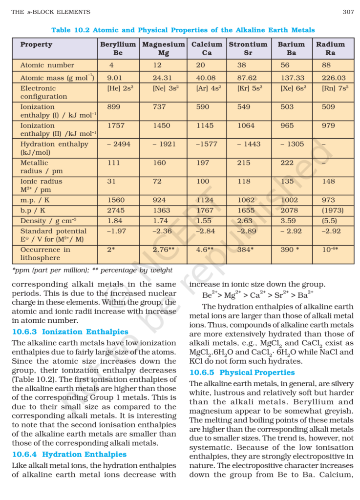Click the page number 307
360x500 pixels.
tap(348, 12)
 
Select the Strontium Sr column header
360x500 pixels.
tap(248, 48)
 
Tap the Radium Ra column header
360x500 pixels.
tap(330, 48)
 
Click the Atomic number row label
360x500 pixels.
tap(47, 65)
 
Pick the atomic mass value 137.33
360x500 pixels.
tap(292, 78)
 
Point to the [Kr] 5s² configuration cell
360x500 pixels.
tap(248, 88)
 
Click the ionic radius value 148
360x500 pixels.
tap(329, 181)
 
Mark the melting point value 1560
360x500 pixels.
tap(116, 200)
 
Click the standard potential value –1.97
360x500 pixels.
tap(117, 231)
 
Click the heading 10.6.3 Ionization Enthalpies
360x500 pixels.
tap(70, 332)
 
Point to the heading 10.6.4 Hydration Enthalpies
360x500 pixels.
tap(69, 455)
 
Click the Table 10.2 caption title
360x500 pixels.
tap(183, 30)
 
